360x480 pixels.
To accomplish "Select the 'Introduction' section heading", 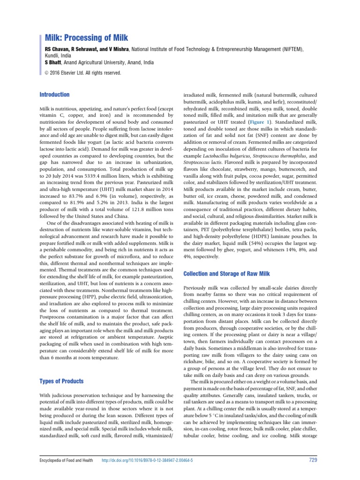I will coord(54,95).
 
